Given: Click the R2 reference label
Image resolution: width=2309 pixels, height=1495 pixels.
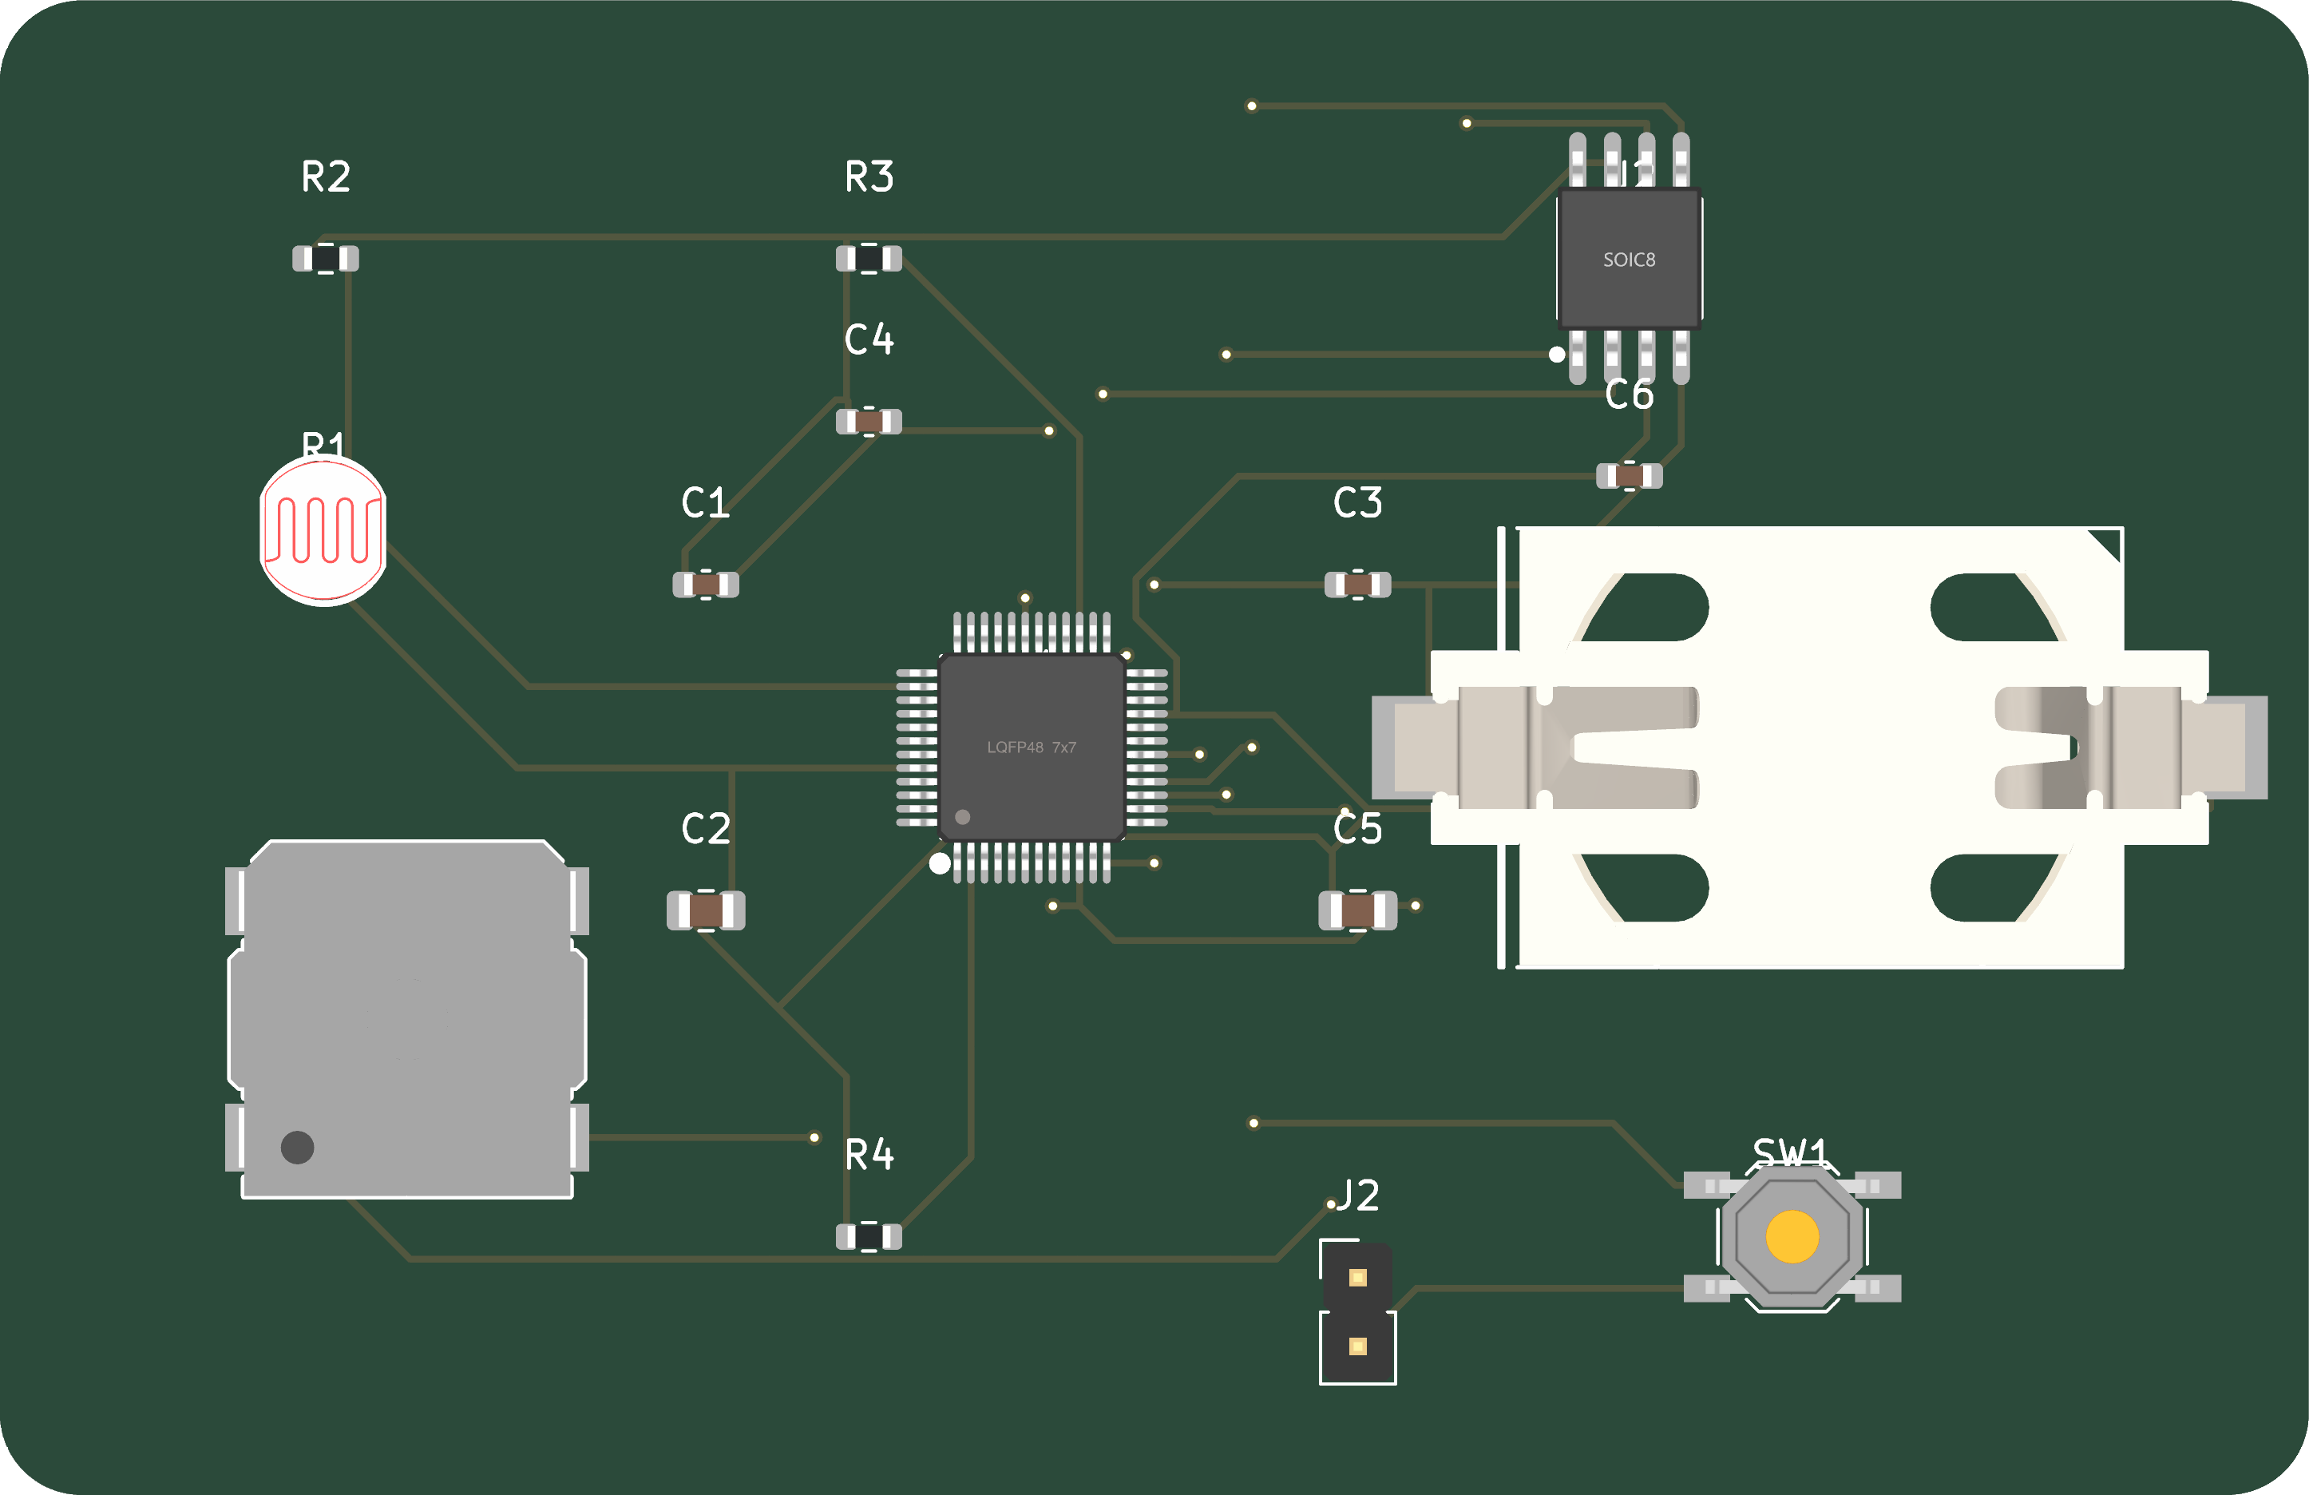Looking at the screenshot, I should (x=326, y=177).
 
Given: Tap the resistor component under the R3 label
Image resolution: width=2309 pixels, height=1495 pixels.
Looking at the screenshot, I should (x=869, y=259).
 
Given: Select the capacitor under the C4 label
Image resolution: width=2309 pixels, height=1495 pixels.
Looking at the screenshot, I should (x=869, y=422).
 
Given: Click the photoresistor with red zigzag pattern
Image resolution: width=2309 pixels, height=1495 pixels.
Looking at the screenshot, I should (x=323, y=530).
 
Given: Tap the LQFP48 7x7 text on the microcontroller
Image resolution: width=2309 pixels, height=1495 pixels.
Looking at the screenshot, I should (x=1032, y=747).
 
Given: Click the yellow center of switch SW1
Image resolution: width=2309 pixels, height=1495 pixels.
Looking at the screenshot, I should (x=1792, y=1237).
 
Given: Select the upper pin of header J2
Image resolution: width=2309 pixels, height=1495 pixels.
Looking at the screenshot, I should (x=1357, y=1278).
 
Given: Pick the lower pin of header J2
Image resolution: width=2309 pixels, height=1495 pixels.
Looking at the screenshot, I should (x=1357, y=1346).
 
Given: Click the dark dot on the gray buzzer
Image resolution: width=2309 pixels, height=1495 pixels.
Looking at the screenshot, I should (x=297, y=1148).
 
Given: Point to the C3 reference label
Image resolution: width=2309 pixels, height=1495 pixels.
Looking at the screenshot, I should (x=1357, y=503).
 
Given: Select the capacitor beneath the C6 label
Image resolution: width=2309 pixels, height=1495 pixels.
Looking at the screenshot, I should (x=1629, y=476).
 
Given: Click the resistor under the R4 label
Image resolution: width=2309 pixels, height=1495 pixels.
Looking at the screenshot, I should (x=869, y=1237).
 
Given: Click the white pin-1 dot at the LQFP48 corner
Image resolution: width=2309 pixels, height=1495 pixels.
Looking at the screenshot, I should (x=939, y=863).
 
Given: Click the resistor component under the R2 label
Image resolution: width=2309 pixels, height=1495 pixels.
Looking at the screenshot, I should (x=326, y=259).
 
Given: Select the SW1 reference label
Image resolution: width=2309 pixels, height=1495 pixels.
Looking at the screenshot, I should (x=1790, y=1152).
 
